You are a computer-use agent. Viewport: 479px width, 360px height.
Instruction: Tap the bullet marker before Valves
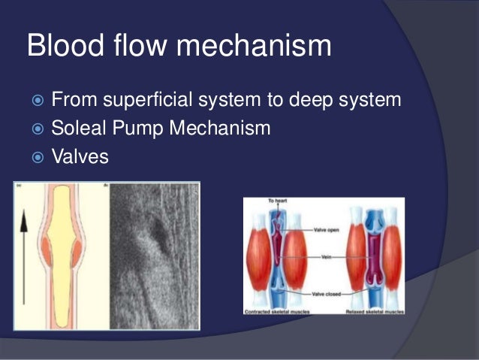click(x=37, y=159)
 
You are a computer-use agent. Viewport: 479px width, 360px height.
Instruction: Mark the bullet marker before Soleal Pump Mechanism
click(x=37, y=129)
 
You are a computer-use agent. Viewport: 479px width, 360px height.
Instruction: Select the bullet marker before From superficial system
click(x=37, y=100)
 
